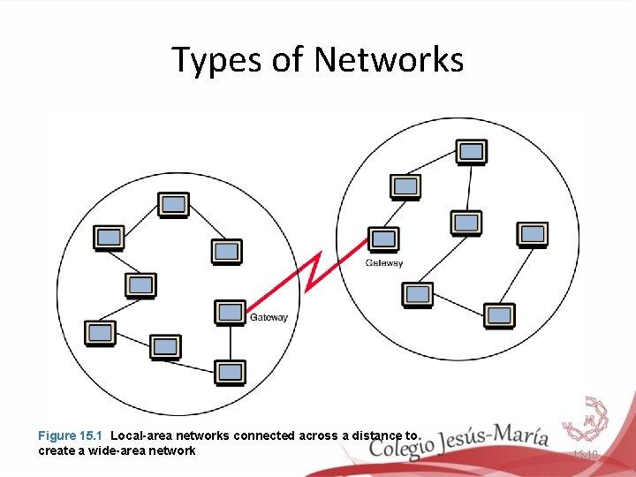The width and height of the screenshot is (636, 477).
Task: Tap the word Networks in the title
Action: [389, 60]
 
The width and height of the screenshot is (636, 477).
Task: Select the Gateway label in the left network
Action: [269, 317]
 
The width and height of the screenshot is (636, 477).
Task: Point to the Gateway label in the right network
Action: [384, 263]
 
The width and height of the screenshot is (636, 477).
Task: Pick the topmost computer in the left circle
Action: [174, 205]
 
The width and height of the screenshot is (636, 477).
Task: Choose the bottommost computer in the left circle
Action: [230, 372]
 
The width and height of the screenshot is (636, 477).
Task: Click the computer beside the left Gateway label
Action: [231, 312]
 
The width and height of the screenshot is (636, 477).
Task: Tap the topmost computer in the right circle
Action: [471, 152]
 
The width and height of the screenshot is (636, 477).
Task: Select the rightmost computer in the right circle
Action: [532, 234]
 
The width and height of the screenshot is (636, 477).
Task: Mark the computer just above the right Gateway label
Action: [383, 238]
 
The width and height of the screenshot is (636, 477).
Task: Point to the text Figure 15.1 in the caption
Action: [71, 435]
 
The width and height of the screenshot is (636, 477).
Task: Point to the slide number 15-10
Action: [585, 455]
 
